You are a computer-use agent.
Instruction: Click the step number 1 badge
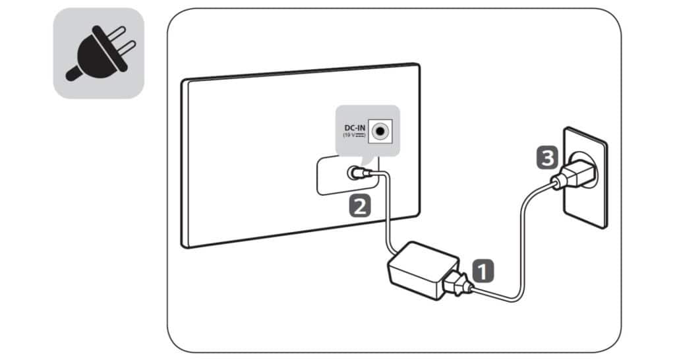click(483, 271)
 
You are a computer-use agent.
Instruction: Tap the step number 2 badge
click(359, 206)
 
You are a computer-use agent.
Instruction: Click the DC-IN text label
click(354, 128)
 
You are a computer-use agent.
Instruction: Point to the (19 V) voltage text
click(354, 135)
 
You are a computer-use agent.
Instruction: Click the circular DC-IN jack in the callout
click(380, 131)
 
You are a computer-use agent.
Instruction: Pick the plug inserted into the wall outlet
click(575, 175)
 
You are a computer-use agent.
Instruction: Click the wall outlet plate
click(585, 177)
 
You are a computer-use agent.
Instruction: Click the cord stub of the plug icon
click(73, 74)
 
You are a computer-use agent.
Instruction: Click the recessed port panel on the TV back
click(348, 175)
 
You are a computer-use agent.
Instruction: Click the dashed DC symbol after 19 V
click(360, 135)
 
